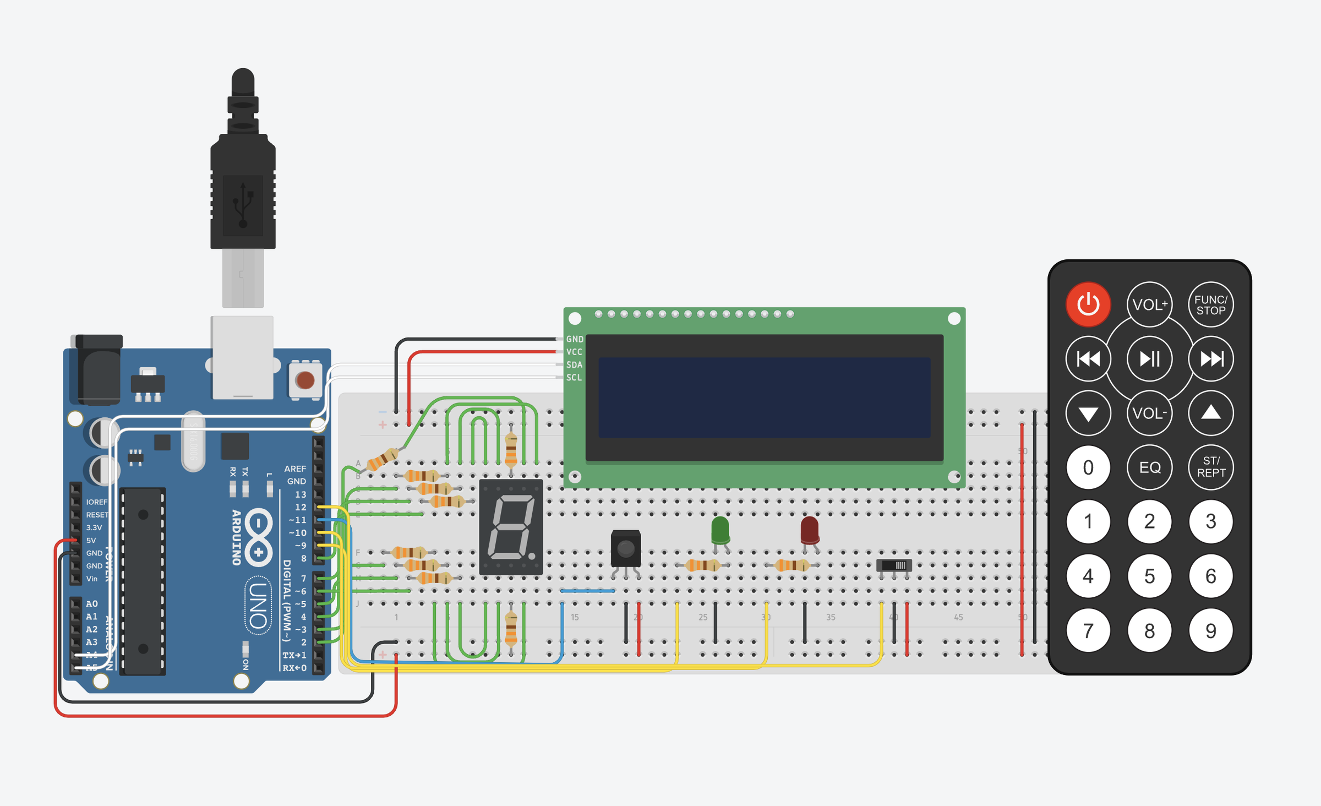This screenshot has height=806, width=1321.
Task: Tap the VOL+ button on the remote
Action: tap(1149, 304)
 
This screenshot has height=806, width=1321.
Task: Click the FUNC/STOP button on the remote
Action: tap(1210, 304)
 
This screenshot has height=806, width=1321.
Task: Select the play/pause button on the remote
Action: tap(1149, 359)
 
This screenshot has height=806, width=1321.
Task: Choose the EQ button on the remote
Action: tap(1149, 467)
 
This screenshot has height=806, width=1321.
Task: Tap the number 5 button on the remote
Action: tap(1149, 576)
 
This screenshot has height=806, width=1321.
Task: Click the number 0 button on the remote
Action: tap(1088, 467)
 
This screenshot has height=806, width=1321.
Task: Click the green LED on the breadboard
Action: tap(720, 530)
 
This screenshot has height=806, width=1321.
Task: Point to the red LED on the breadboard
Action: tap(809, 530)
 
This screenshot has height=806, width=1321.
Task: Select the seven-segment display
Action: tap(511, 527)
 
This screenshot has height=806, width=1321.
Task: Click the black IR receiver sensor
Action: tap(626, 548)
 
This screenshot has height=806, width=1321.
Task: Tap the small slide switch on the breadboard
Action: tap(894, 565)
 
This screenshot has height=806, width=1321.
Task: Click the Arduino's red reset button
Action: tap(305, 380)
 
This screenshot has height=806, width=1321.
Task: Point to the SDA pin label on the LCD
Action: tap(574, 365)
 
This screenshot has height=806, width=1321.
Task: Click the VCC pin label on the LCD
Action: tap(574, 352)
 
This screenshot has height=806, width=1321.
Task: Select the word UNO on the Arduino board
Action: tap(258, 605)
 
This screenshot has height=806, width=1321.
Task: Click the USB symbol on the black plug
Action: tap(243, 205)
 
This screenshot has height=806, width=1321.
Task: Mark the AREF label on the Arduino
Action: tap(295, 469)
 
